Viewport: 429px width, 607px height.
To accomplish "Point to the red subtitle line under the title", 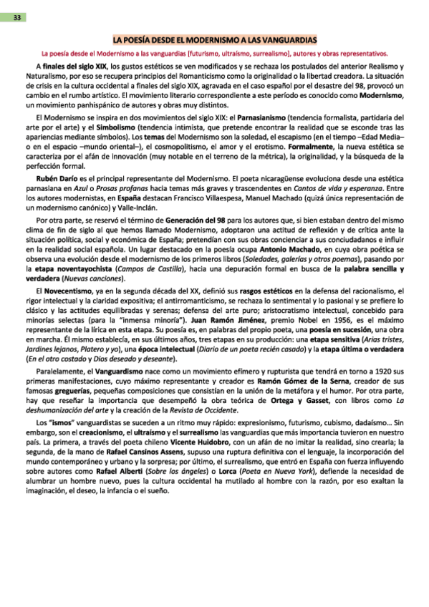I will click(x=215, y=52).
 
